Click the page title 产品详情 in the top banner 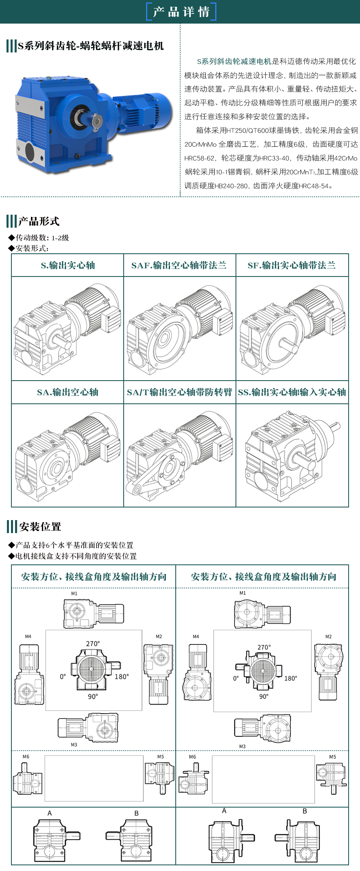[x=181, y=12]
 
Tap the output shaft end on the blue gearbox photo [x=97, y=121]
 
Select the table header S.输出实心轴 [x=68, y=266]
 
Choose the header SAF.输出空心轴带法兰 [x=179, y=266]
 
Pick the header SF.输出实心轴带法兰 [x=292, y=266]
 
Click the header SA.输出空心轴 [x=68, y=392]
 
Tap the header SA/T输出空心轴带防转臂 [x=179, y=392]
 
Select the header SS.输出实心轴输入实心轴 [x=292, y=392]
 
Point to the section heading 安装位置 [x=40, y=527]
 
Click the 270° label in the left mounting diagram [x=93, y=644]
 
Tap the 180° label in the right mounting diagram [x=290, y=678]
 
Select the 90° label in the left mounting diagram [x=93, y=697]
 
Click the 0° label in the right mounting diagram [x=236, y=678]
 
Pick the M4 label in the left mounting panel [x=28, y=636]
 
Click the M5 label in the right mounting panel [x=333, y=757]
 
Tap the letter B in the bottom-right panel [x=305, y=811]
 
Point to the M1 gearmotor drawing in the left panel [x=94, y=613]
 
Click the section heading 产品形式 [x=39, y=222]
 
